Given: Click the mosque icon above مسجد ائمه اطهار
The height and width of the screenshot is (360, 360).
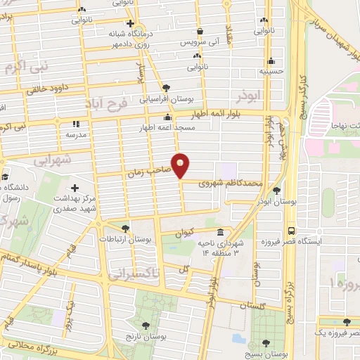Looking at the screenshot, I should tap(167, 117).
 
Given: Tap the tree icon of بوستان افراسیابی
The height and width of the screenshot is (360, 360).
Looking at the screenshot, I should tap(167, 88).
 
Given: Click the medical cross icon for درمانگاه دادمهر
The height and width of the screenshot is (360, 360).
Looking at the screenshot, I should tap(131, 23).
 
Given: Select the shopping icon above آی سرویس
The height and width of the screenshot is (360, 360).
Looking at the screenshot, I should tap(201, 32).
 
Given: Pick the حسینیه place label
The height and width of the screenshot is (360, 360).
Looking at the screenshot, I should tap(271, 71).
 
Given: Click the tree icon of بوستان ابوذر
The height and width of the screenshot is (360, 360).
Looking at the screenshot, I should tap(276, 191).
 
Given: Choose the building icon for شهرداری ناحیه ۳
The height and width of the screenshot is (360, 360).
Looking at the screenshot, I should tap(220, 233).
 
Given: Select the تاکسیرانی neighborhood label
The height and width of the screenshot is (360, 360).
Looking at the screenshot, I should tap(136, 272).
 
